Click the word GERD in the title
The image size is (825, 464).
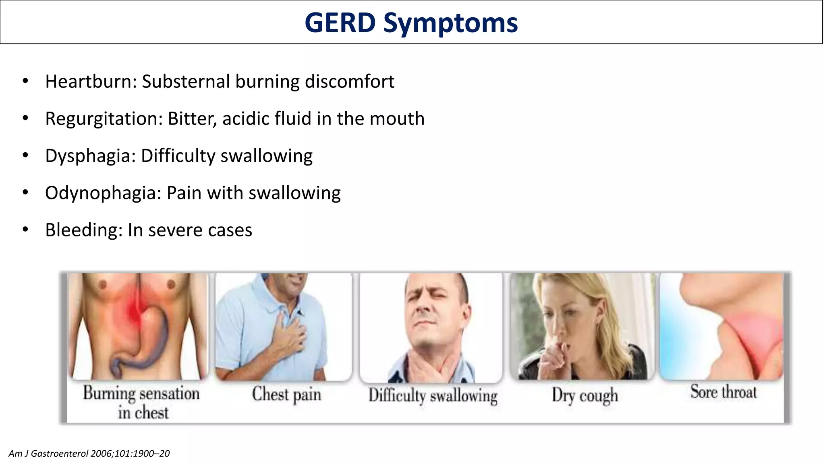tap(340, 23)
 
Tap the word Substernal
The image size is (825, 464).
tap(186, 81)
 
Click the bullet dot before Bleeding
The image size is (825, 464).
tap(25, 230)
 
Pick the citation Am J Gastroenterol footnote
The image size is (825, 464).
tap(89, 454)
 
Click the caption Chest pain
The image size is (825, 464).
tap(286, 394)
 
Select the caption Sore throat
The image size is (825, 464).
tap(723, 392)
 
